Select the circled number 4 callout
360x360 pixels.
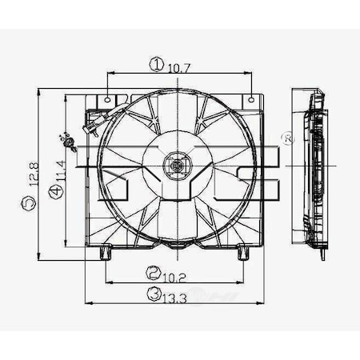(54, 191)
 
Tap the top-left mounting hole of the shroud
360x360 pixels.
(107, 101)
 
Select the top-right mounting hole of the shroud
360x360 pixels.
(251, 101)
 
